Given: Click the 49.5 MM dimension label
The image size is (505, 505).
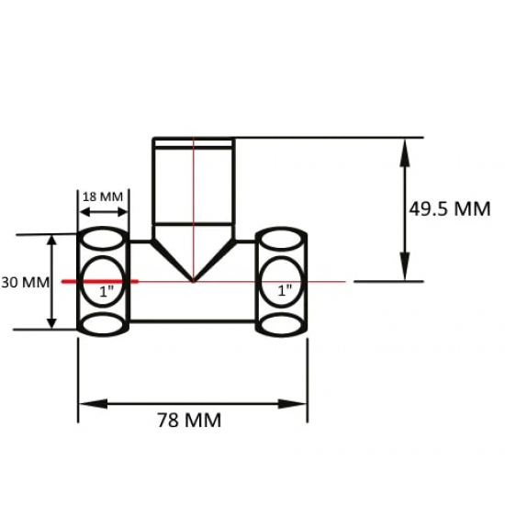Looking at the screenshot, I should [x=450, y=208].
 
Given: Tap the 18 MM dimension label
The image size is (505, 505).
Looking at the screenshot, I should [x=102, y=196].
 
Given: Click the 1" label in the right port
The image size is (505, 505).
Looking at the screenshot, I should [x=285, y=289].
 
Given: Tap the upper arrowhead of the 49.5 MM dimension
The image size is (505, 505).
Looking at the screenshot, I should [x=403, y=147].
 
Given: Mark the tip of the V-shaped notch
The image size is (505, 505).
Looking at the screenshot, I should [x=193, y=279].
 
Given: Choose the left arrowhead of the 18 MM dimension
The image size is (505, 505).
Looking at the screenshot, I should [x=84, y=212].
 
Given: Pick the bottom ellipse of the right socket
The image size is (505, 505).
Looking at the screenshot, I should [x=282, y=324].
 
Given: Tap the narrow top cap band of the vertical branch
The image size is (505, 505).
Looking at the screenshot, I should [x=193, y=142].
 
